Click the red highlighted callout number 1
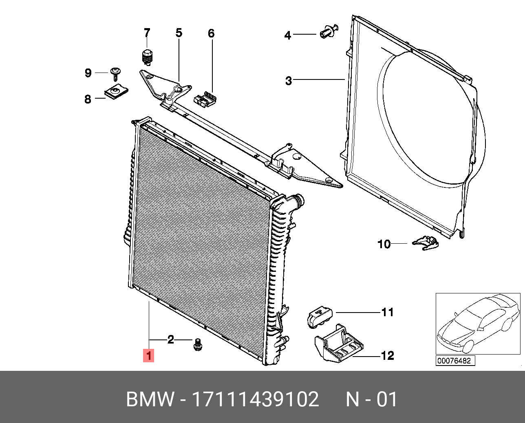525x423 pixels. click(x=148, y=355)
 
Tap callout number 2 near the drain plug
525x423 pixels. click(x=170, y=339)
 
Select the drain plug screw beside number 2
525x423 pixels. click(x=199, y=345)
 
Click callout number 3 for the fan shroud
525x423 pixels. click(x=289, y=81)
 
